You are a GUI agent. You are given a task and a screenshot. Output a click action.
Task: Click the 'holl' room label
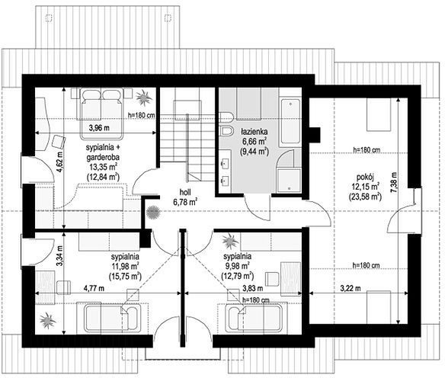coord(185,192)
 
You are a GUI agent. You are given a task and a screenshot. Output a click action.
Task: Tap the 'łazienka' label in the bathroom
coord(254,132)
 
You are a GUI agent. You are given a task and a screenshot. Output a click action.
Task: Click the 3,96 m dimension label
coord(99,128)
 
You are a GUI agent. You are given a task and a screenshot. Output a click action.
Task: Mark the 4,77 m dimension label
coord(94,288)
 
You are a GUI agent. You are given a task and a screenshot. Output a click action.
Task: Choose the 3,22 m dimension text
coord(351,288)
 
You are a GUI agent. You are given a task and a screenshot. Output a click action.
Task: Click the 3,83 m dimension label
coord(252,288)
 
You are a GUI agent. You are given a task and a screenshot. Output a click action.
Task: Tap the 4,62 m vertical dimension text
coord(59,162)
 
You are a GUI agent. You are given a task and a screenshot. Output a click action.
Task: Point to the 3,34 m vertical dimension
coord(59,256)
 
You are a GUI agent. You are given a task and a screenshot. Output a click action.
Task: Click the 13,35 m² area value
coord(103,167)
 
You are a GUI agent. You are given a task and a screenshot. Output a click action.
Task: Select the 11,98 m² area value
coord(125,266)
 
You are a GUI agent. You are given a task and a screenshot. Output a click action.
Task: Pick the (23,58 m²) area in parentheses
coord(365,197)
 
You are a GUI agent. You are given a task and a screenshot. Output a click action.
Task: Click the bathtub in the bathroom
coord(290,121)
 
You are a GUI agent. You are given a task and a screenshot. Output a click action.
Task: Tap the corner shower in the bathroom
coord(288,170)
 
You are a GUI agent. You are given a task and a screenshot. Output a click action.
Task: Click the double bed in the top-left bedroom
coord(101,114)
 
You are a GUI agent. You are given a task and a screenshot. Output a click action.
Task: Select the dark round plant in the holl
coord(153,212)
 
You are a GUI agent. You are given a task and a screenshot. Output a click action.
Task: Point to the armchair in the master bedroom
coord(59,141)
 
